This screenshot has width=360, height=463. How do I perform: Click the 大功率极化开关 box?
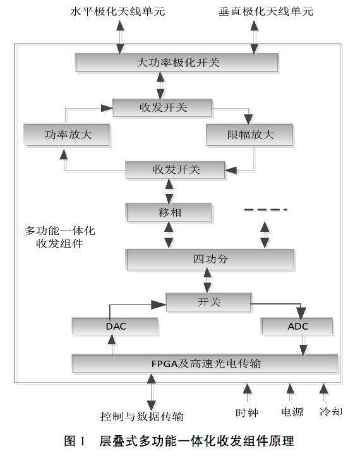click(x=177, y=63)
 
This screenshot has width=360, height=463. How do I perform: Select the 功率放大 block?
click(x=67, y=135)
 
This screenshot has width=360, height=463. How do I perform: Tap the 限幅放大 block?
click(x=249, y=135)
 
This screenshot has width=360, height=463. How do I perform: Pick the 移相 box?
click(x=169, y=212)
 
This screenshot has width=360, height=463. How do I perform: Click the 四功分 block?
click(x=210, y=259)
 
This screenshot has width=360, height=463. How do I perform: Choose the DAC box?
click(x=115, y=327)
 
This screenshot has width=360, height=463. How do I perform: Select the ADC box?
click(x=297, y=327)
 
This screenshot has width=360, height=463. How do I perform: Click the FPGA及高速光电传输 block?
click(x=205, y=363)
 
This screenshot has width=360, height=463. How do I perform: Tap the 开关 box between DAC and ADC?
click(x=208, y=302)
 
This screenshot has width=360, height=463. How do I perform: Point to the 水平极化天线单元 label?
click(x=117, y=11)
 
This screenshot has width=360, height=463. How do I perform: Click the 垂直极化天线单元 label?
click(x=266, y=11)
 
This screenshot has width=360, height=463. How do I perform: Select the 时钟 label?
click(x=247, y=412)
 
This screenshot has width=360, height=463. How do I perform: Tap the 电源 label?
click(x=292, y=412)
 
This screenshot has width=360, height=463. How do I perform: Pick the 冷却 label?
click(x=331, y=412)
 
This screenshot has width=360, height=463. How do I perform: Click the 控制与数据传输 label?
click(x=141, y=416)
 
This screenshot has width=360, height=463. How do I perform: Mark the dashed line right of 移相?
click(x=266, y=210)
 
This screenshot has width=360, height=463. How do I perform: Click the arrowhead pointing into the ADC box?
click(x=301, y=313)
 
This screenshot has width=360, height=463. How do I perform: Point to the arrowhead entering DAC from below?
click(x=112, y=340)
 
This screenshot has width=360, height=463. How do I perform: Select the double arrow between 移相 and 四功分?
click(x=169, y=235)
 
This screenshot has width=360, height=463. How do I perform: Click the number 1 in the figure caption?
click(x=82, y=441)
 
